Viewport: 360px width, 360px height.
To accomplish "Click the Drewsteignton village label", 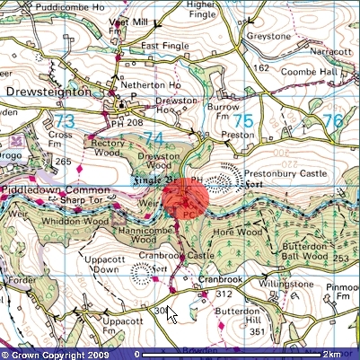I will [x=48, y=92].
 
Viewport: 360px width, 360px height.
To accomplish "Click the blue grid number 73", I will [x=65, y=121].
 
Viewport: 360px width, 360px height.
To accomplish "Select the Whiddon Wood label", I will [x=75, y=221].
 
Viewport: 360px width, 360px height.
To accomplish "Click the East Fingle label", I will [x=162, y=46].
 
